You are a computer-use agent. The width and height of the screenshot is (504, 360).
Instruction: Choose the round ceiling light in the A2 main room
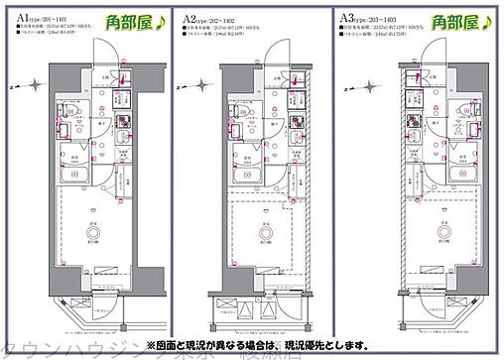263,236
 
